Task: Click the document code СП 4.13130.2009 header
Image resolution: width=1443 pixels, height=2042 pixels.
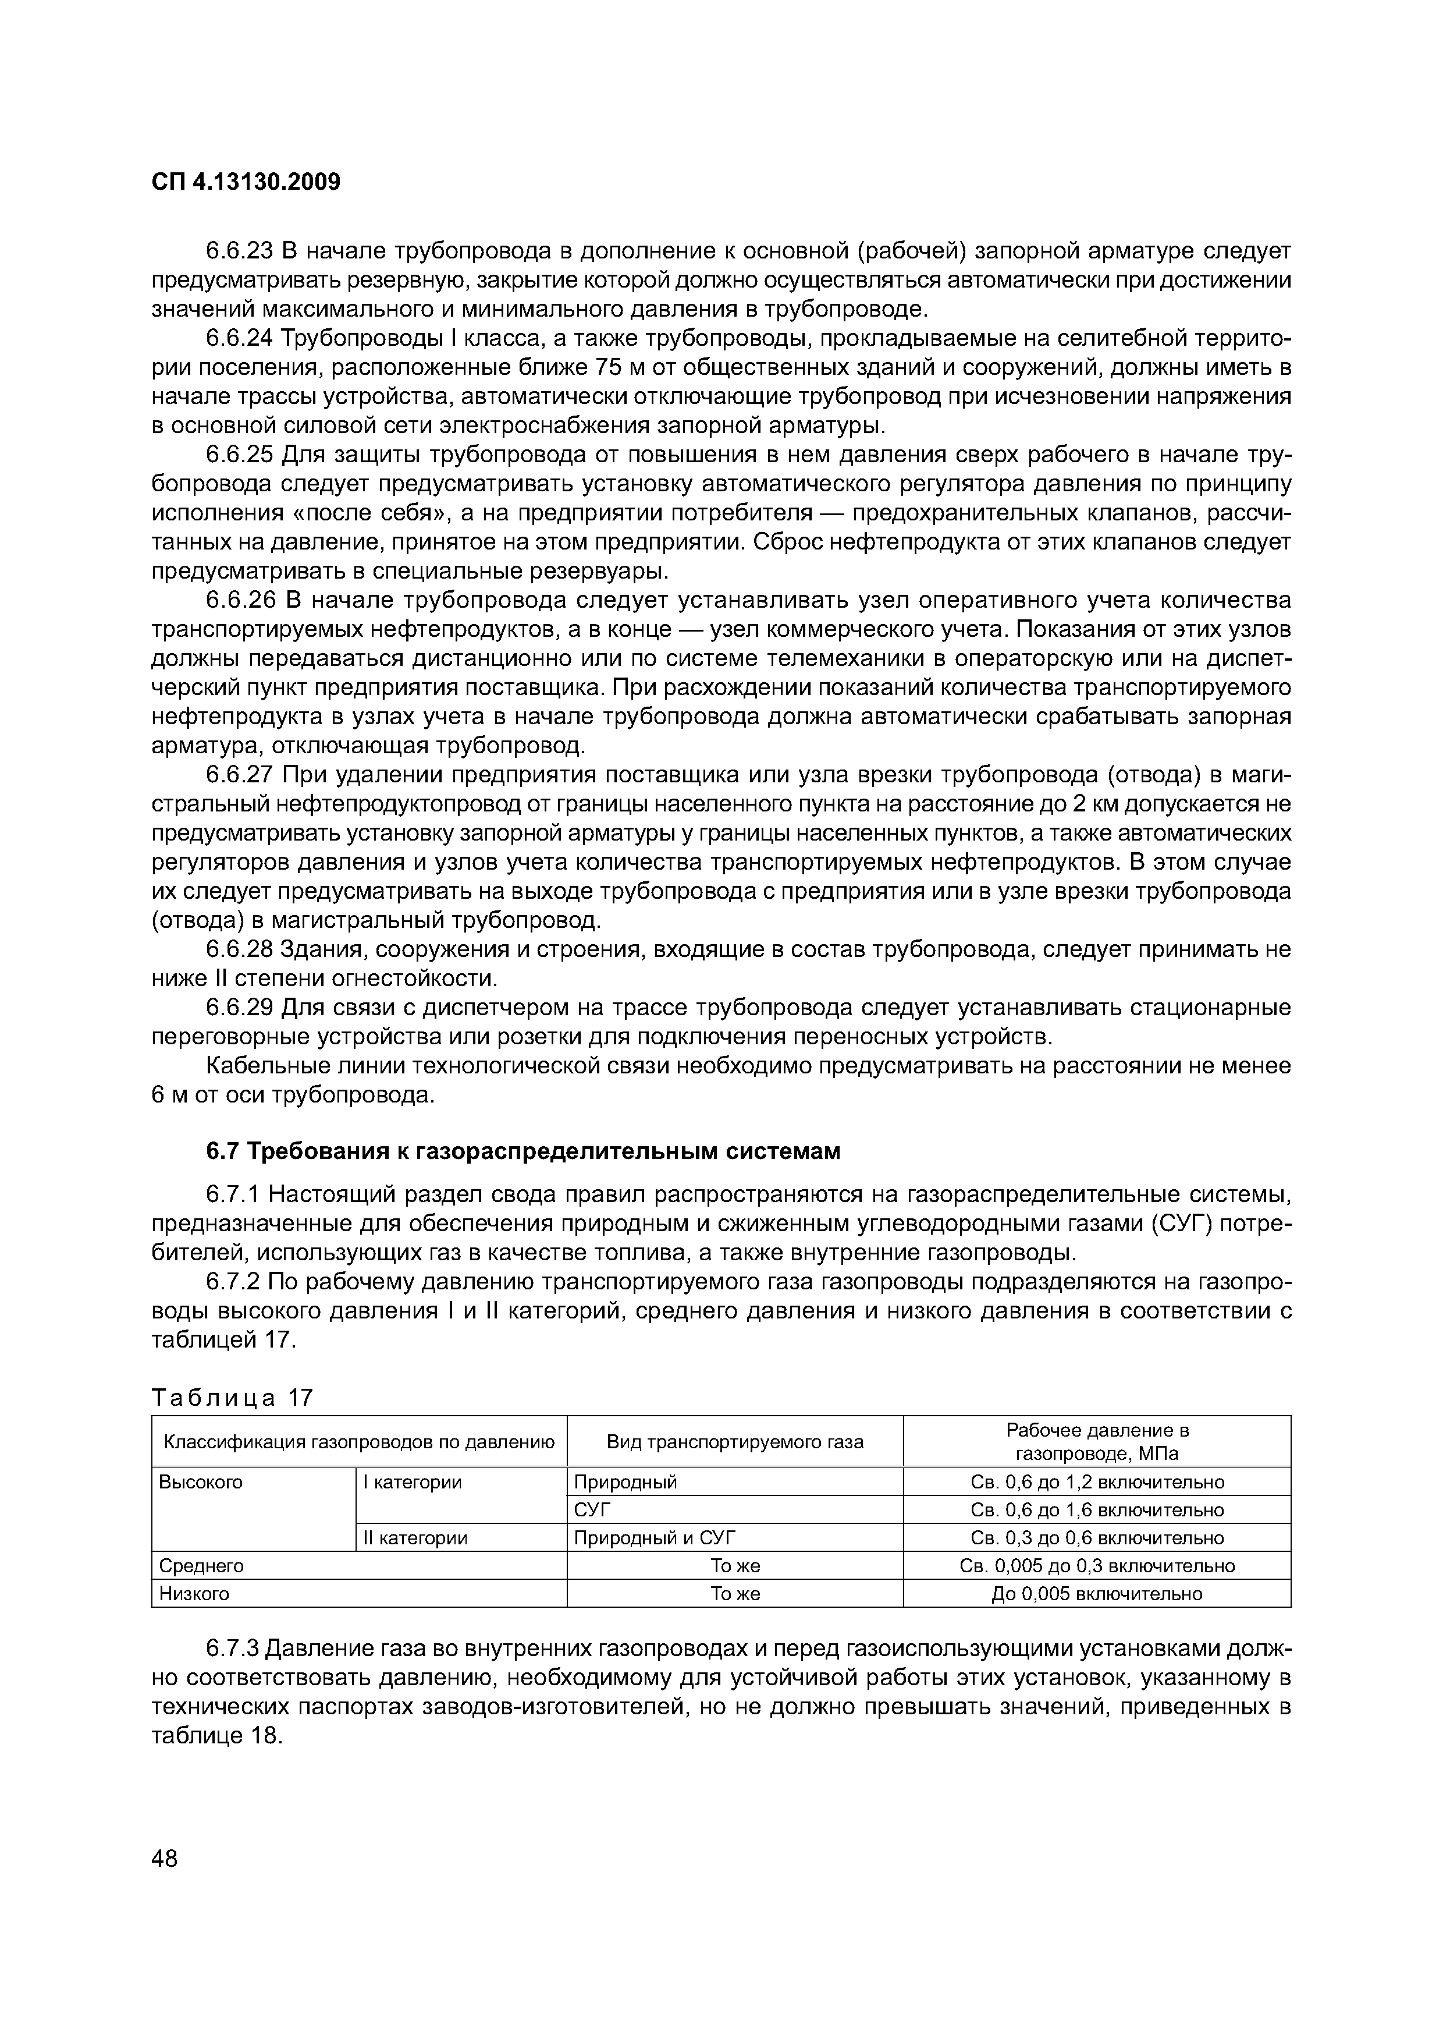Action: pyautogui.click(x=246, y=182)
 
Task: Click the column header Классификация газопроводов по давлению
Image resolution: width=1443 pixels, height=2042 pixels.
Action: pyautogui.click(x=359, y=1442)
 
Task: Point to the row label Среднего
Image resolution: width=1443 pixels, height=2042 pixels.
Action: pyautogui.click(x=201, y=1565)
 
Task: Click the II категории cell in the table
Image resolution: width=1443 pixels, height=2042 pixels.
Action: pyautogui.click(x=414, y=1538)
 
